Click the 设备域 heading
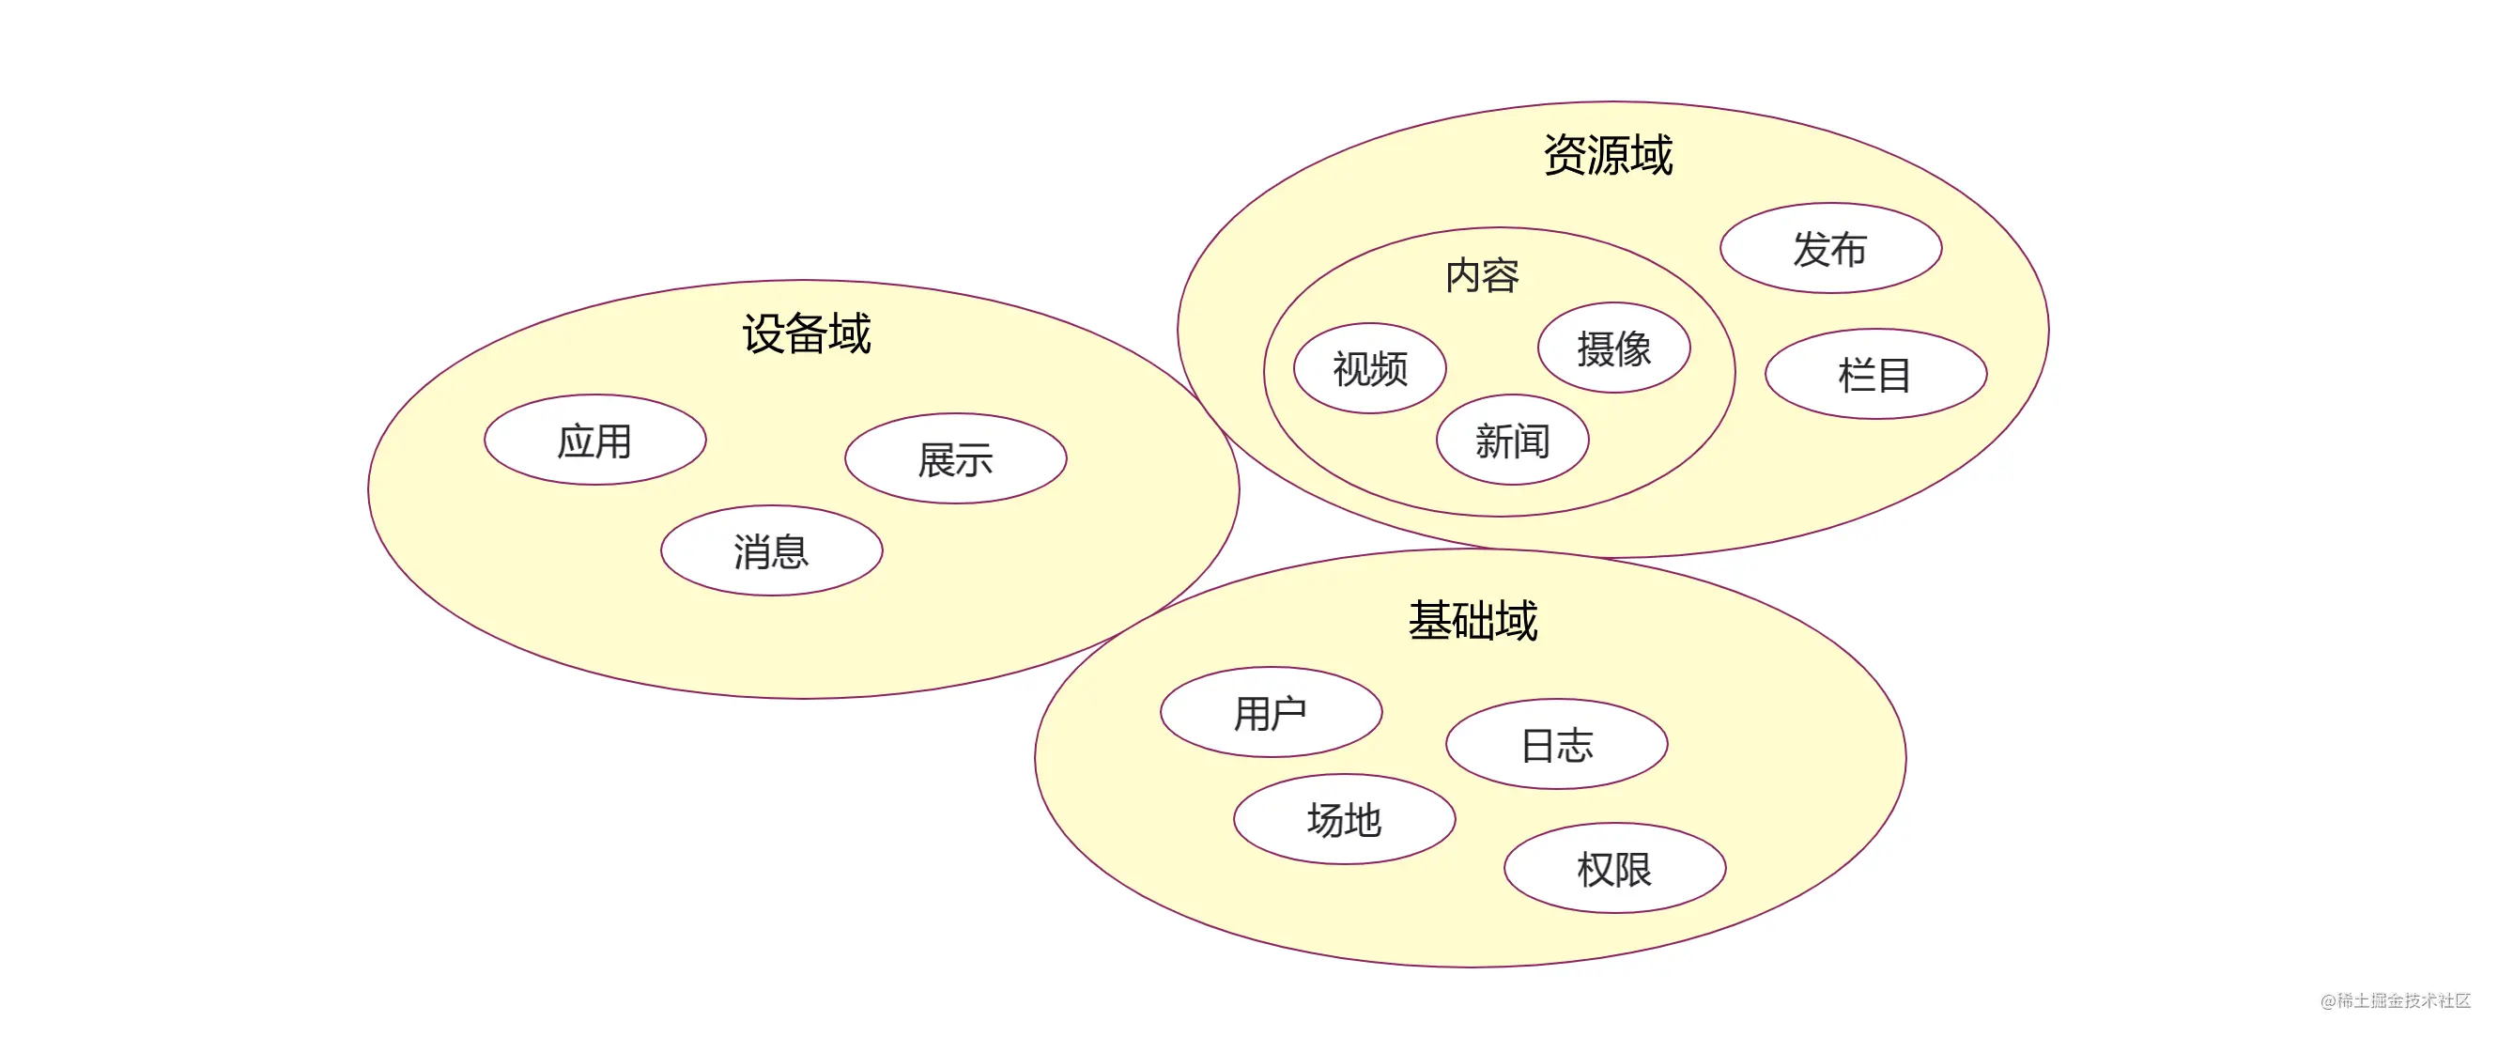click(x=807, y=333)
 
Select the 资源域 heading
click(x=1609, y=155)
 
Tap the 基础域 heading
click(x=1473, y=621)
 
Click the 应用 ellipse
click(x=595, y=440)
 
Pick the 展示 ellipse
click(x=956, y=457)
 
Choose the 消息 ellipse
click(x=772, y=550)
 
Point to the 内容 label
click(x=1483, y=276)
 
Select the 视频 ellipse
click(x=1370, y=367)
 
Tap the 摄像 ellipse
click(x=1614, y=348)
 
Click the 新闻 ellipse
click(x=1513, y=440)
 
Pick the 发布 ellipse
click(x=1831, y=247)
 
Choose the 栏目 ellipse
click(x=1876, y=374)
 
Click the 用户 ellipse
click(x=1272, y=712)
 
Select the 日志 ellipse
click(x=1557, y=744)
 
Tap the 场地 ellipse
click(x=1345, y=819)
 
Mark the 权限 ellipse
click(x=1615, y=868)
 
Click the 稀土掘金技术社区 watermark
click(x=2396, y=1000)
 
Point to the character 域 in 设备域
click(x=851, y=333)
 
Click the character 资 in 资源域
click(x=1565, y=155)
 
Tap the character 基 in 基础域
click(x=1429, y=621)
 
